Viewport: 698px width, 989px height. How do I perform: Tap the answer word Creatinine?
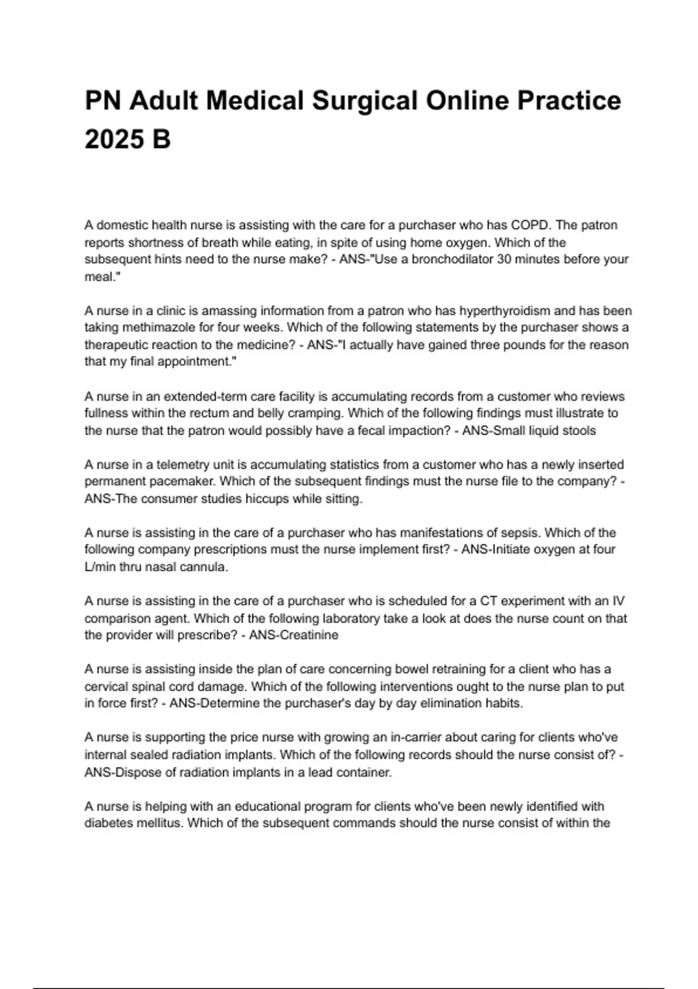[x=309, y=635]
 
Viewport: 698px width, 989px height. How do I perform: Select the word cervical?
[x=106, y=687]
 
